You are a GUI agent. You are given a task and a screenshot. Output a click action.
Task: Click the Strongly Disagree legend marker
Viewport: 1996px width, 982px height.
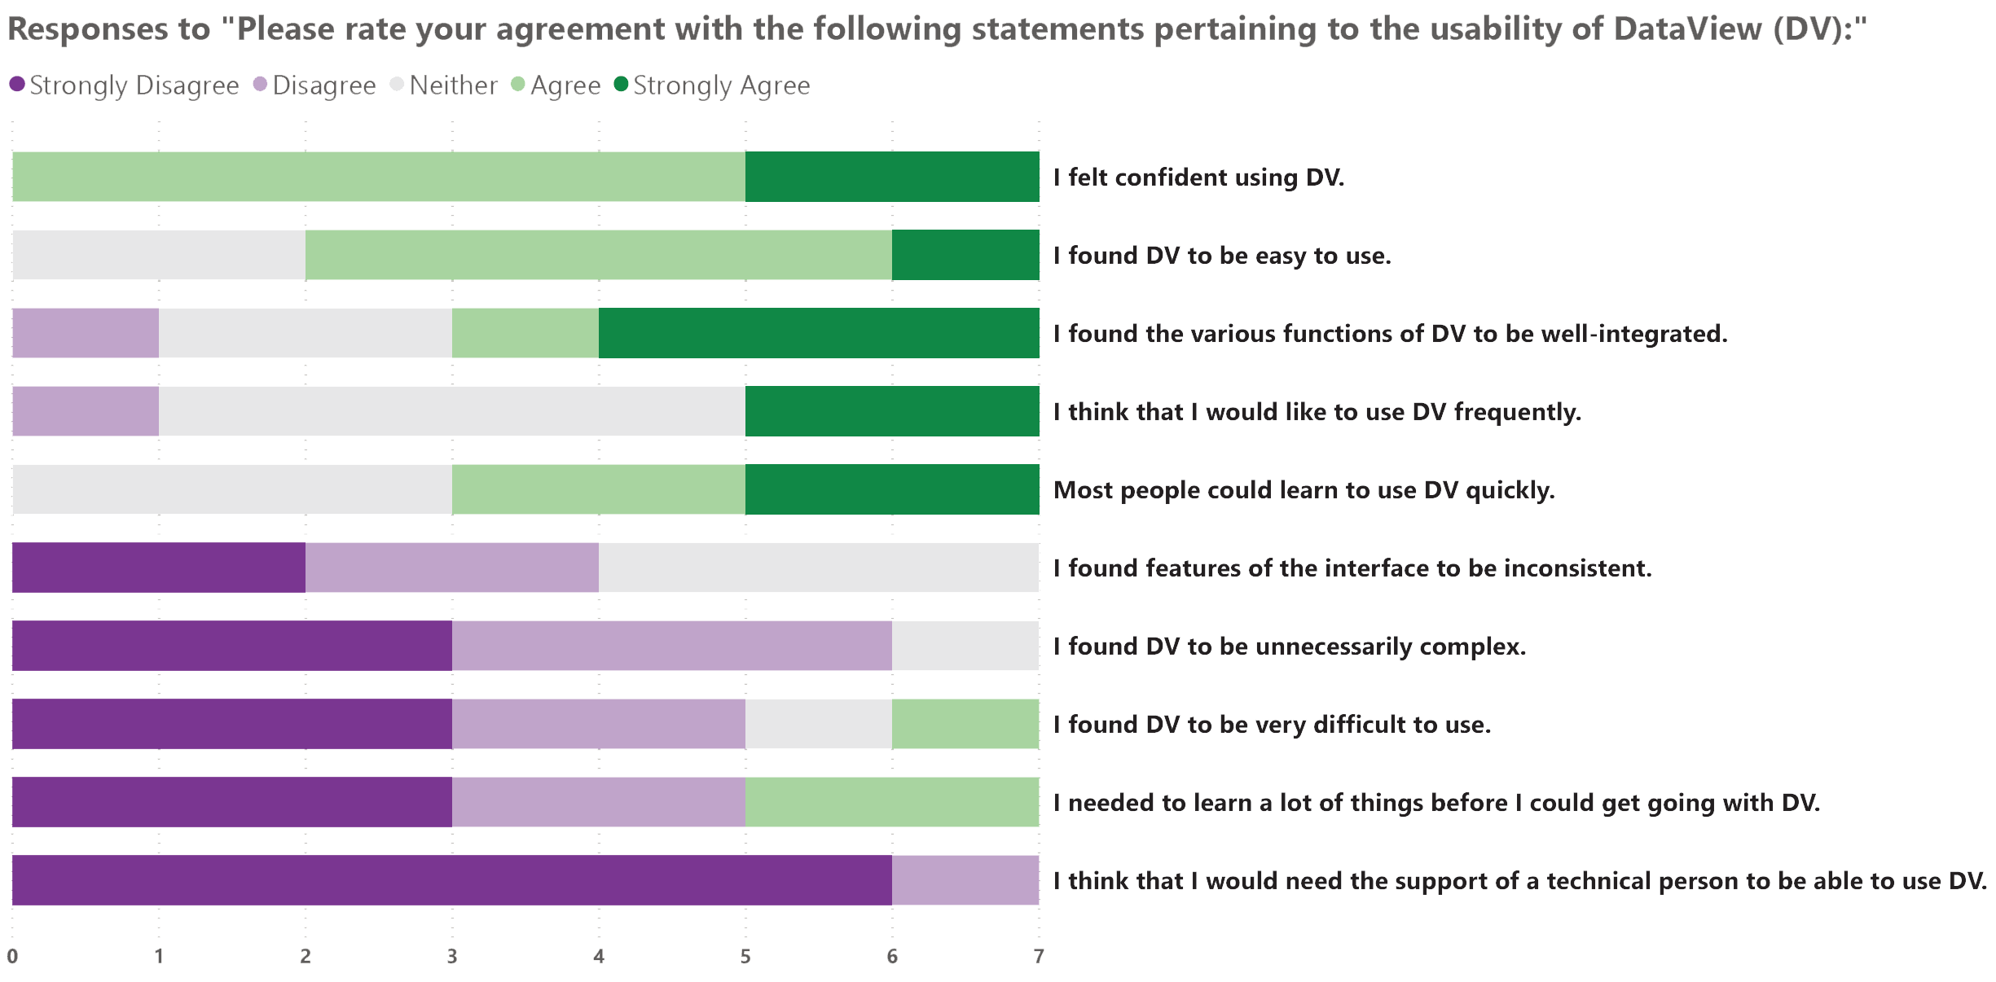coord(17,84)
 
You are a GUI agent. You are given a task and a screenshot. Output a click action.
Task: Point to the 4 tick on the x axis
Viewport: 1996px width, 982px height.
coord(599,956)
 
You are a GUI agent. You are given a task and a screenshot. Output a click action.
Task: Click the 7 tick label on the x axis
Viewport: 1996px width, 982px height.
coord(1039,956)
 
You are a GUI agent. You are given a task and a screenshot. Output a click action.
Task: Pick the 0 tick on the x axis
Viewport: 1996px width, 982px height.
coord(12,956)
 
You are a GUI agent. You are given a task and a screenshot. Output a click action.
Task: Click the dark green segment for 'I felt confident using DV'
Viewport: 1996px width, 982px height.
coord(892,177)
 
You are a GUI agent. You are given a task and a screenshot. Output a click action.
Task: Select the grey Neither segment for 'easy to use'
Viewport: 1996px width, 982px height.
coord(159,255)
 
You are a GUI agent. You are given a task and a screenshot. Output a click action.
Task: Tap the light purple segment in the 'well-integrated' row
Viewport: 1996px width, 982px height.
coord(86,333)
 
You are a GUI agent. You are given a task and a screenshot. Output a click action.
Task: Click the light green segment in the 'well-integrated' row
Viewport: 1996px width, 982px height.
coord(525,333)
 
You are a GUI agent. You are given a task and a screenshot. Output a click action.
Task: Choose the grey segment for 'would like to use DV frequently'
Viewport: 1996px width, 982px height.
coord(452,411)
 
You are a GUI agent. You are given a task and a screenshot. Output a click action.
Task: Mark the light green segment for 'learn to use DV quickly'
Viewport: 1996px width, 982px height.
coord(599,489)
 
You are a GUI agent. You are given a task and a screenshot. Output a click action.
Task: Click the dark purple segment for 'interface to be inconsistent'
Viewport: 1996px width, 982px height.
coord(159,568)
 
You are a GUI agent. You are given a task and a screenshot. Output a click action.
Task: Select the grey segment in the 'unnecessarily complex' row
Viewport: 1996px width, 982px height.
coord(965,646)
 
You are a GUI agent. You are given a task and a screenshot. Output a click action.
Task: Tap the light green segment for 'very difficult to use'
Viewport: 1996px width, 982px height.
coord(965,724)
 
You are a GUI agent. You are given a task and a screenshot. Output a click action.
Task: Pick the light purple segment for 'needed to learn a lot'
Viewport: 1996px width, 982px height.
coord(599,802)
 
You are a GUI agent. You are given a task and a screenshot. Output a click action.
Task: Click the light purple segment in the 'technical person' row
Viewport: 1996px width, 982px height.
coord(965,880)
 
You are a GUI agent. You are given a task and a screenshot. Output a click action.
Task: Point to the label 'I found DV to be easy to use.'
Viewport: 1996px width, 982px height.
coord(1222,256)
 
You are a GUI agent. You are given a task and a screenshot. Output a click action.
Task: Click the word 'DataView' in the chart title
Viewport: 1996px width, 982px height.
coord(1687,29)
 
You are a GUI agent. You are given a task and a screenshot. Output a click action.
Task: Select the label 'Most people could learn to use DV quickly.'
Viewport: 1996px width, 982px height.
coord(1304,490)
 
